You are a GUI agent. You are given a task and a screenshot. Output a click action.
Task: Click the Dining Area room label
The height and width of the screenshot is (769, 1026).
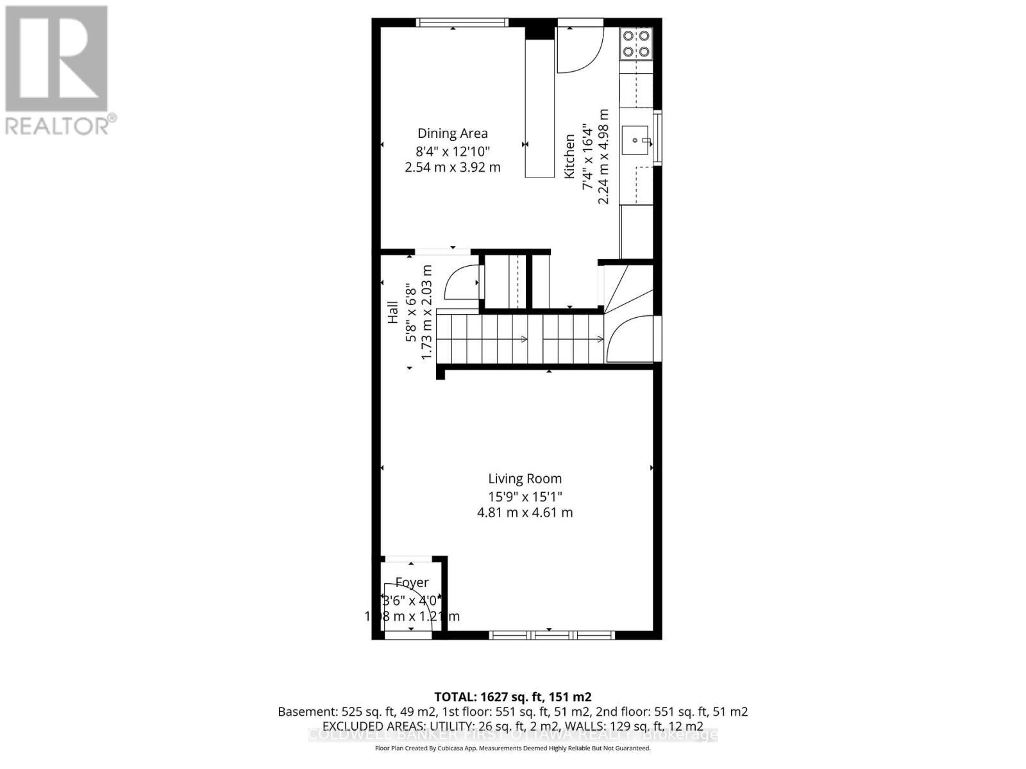(x=453, y=133)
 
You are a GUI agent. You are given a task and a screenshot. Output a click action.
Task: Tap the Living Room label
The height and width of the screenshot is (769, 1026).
(x=525, y=479)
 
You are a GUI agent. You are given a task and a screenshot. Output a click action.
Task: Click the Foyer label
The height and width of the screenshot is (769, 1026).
(x=412, y=583)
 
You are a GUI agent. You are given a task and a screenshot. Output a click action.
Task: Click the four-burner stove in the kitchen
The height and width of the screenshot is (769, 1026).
(x=637, y=44)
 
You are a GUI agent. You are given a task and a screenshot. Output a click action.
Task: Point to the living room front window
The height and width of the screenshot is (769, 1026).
(x=551, y=635)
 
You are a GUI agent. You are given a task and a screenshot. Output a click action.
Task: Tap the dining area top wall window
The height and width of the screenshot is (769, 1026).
(x=462, y=22)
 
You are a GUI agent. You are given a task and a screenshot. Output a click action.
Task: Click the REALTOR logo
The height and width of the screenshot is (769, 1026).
(x=58, y=70)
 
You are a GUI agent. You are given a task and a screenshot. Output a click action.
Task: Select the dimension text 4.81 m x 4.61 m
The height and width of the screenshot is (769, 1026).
(x=525, y=513)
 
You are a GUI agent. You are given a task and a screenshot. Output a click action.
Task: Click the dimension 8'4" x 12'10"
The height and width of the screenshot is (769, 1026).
(x=453, y=151)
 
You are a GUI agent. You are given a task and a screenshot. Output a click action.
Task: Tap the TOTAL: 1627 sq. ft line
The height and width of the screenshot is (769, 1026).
(x=512, y=697)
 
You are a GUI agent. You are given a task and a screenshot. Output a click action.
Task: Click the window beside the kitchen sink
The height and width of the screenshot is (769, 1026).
(x=657, y=139)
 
